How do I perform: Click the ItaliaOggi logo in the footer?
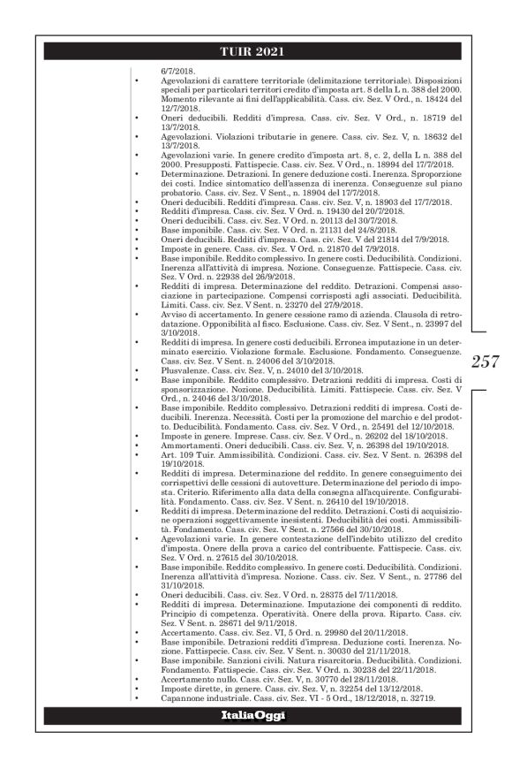[255, 713]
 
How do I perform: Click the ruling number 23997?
[439, 324]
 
